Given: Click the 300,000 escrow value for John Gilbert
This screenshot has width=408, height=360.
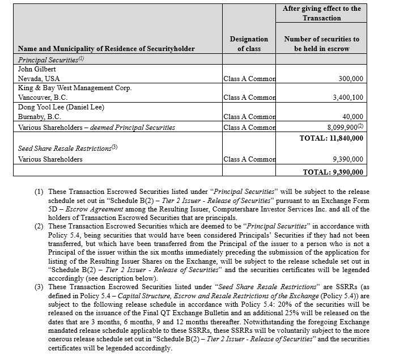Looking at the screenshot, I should tap(351, 79).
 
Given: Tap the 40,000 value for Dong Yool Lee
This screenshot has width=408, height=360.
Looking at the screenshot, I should tap(353, 117).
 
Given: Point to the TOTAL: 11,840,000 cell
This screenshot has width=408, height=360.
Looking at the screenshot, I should tap(331, 138).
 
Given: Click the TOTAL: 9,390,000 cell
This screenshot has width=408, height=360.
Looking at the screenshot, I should tap(333, 172).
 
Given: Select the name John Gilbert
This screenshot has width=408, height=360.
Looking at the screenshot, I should tap(37, 69).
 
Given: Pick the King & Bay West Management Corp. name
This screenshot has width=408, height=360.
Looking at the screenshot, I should tap(75, 88).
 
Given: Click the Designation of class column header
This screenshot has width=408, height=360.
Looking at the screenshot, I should tap(249, 44).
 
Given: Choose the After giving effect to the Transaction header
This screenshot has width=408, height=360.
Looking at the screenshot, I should tap(321, 13).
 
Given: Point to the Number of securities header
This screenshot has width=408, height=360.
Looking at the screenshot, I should tap(321, 44).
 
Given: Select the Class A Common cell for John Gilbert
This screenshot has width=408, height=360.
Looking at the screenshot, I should tap(249, 79).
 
